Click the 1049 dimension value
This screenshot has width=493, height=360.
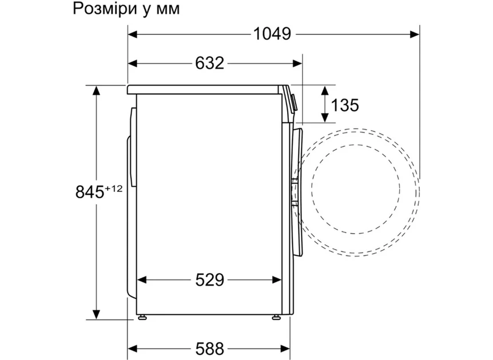[x=272, y=34]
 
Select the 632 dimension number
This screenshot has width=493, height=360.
[x=209, y=63]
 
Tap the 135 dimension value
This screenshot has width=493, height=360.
[x=345, y=105]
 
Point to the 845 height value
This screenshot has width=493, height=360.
[x=90, y=192]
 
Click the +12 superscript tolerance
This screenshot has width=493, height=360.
[x=113, y=189]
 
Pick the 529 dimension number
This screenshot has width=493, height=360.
[x=209, y=279]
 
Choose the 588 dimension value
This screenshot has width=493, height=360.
[x=209, y=348]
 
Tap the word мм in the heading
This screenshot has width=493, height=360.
[x=168, y=10]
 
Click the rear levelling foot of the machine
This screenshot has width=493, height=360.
[x=142, y=317]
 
